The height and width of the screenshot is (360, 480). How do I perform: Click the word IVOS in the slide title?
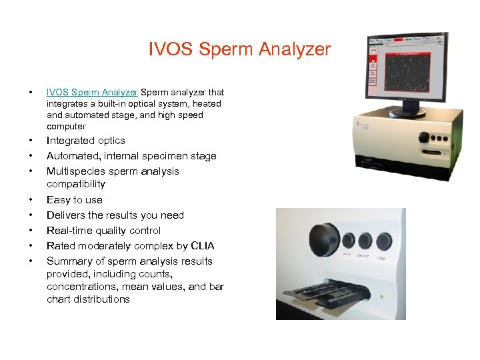169,50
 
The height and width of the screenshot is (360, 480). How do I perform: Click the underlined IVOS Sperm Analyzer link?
92,92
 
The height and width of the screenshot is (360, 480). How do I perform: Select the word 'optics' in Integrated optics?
111,141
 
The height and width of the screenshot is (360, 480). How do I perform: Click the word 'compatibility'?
76,184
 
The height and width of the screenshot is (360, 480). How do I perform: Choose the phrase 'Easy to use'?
75,200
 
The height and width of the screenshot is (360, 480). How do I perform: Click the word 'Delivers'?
65,215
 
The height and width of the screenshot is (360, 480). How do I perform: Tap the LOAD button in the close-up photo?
384,243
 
